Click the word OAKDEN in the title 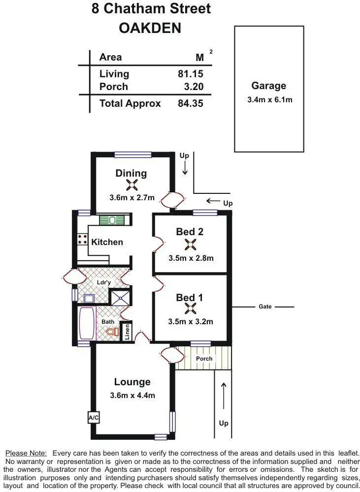click(150, 29)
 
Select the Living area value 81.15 click(190, 74)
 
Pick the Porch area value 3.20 click(193, 87)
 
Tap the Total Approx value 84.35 click(190, 103)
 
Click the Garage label click(268, 86)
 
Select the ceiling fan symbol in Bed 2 click(190, 244)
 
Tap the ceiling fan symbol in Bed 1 click(190, 308)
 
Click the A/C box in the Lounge click(93, 418)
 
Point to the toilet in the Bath click(113, 333)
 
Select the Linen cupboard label click(127, 331)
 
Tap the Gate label click(265, 307)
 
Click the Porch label click(204, 359)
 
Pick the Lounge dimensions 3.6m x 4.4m click(132, 395)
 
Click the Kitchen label click(107, 242)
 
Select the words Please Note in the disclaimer click(26, 453)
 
